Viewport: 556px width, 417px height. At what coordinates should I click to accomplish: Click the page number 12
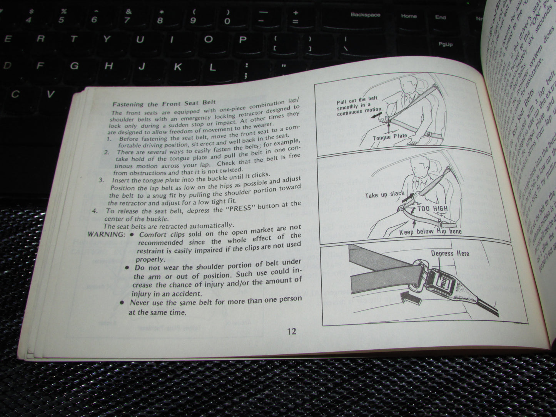pos(292,331)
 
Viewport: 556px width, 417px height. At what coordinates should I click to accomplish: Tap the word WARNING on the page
pos(106,234)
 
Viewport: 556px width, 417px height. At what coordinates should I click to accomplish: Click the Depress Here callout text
pos(450,253)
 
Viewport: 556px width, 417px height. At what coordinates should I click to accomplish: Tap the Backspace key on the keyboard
pos(365,15)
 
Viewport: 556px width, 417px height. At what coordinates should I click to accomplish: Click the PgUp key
pos(446,44)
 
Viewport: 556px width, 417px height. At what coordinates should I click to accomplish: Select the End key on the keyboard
pos(441,17)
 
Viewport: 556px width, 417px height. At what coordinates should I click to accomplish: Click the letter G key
pos(74,65)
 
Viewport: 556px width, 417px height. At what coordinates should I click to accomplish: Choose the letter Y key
pos(107,39)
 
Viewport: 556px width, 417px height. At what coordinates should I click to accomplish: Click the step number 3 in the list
pos(101,180)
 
